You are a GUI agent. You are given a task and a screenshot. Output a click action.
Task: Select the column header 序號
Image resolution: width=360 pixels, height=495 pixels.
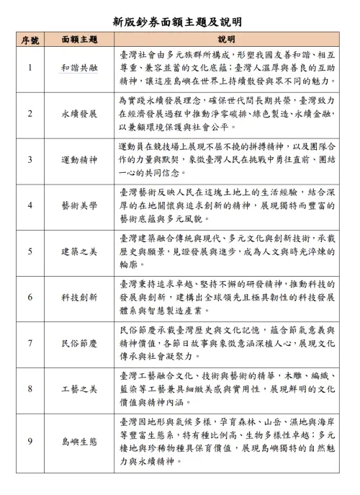[x=30, y=38]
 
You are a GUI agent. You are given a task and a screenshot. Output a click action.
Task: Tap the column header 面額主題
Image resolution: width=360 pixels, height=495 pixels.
[x=78, y=38]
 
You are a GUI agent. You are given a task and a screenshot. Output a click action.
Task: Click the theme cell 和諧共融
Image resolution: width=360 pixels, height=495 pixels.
[x=78, y=68]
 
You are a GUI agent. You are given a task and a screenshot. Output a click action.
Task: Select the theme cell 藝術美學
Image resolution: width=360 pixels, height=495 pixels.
[x=78, y=205]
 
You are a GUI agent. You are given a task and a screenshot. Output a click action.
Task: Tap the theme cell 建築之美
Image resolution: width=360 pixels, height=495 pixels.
[x=78, y=251]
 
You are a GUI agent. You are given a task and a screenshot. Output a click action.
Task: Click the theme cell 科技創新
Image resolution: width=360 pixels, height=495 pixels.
[x=78, y=297]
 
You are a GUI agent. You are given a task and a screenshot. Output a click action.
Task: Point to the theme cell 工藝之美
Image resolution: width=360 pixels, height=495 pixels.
[x=78, y=389]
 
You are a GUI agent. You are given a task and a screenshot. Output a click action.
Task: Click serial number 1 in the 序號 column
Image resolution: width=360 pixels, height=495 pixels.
[x=30, y=68]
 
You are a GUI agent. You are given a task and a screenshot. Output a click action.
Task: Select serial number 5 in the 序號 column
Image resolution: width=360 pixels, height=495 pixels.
[x=30, y=251]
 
